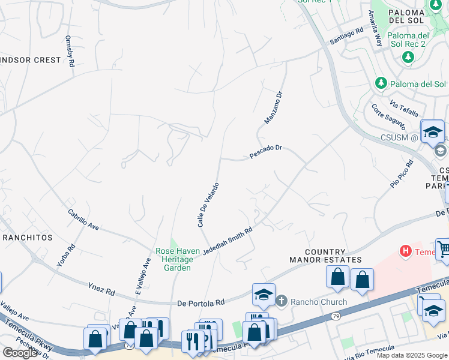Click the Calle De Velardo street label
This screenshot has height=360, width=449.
tap(208, 205)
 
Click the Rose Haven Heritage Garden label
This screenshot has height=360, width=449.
tap(174, 259)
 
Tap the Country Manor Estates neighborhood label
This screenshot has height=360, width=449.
tap(325, 256)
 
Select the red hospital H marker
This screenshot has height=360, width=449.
tap(406, 250)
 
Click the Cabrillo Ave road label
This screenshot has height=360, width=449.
tap(83, 220)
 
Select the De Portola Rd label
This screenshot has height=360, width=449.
tap(200, 303)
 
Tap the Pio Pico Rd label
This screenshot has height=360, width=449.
tap(402, 174)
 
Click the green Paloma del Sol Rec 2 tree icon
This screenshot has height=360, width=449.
tap(408, 57)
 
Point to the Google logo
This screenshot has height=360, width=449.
tap(20, 353)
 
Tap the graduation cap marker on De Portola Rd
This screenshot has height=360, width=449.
tap(264, 295)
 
